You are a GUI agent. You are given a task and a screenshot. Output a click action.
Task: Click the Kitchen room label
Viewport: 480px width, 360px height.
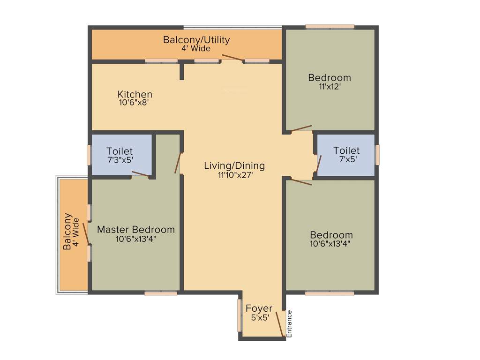[135, 94]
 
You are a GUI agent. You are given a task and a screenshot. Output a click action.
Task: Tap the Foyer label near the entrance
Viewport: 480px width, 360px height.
[259, 308]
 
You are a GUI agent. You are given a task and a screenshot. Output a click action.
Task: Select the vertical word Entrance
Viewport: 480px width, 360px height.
[289, 323]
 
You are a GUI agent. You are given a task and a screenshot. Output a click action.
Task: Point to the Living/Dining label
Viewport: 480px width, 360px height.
[234, 165]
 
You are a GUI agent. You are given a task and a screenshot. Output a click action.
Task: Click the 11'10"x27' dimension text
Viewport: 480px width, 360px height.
[235, 175]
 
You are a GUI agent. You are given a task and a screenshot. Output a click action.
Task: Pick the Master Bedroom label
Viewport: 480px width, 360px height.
[135, 230]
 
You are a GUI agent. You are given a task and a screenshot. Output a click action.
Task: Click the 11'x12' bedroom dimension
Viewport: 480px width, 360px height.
[329, 87]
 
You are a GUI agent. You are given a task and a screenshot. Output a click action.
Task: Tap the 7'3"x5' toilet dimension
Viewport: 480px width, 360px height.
[120, 160]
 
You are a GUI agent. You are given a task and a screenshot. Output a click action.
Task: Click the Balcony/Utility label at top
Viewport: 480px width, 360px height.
[196, 40]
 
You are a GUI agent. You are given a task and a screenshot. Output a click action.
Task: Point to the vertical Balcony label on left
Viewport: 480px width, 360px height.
[67, 232]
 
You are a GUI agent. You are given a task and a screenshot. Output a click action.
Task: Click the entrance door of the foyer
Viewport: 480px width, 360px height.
[280, 323]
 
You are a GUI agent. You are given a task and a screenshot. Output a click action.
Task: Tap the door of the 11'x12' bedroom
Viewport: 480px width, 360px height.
[300, 128]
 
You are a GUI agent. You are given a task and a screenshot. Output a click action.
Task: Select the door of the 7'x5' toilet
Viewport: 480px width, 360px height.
[319, 164]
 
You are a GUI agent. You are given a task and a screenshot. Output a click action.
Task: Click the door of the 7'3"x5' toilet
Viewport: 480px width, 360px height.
[141, 174]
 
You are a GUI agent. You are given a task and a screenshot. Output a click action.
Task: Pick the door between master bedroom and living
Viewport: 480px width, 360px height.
[178, 163]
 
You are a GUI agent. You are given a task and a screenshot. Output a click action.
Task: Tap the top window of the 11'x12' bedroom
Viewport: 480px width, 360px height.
[330, 27]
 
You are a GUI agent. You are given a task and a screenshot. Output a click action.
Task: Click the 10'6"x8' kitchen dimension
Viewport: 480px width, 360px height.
[134, 102]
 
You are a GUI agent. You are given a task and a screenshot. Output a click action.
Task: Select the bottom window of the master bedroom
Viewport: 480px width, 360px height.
[161, 293]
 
